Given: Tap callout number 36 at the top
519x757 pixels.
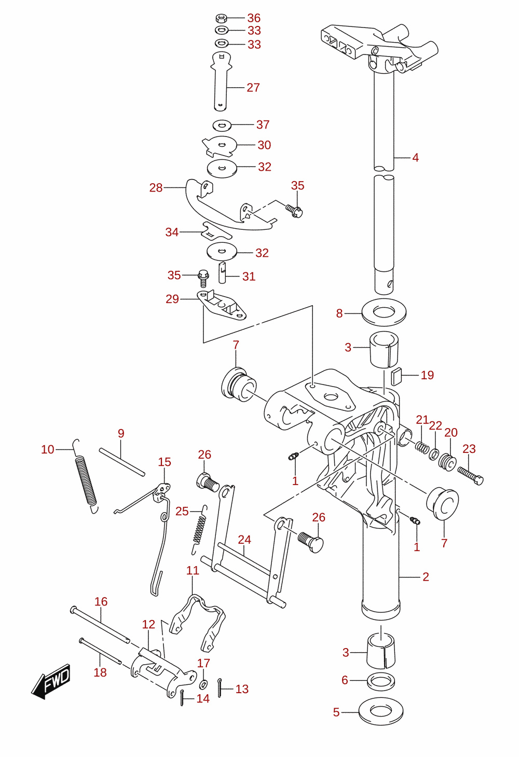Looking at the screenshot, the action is point(254,18).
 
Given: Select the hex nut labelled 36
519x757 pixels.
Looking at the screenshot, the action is point(221,18).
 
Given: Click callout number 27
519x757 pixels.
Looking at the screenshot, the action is point(253,88).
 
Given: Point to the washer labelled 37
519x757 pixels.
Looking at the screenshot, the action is point(222,126).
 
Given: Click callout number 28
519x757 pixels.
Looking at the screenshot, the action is point(156,188).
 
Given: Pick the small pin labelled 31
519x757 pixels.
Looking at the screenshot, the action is point(222,272).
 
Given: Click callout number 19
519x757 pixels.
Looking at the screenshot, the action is point(427,375).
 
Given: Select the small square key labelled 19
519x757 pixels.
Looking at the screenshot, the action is point(396,377).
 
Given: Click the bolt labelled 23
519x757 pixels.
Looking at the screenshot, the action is point(470,476).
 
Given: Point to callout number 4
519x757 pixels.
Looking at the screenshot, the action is point(415,158).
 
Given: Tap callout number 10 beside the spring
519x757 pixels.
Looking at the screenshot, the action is point(48,449).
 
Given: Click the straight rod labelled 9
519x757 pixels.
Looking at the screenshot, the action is point(122,462).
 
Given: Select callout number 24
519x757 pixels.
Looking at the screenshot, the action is point(244,540).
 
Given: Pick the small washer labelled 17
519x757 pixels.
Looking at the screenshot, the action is point(203,685).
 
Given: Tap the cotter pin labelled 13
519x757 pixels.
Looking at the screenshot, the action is point(220,687).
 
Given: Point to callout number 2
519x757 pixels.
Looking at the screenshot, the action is point(426,577).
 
